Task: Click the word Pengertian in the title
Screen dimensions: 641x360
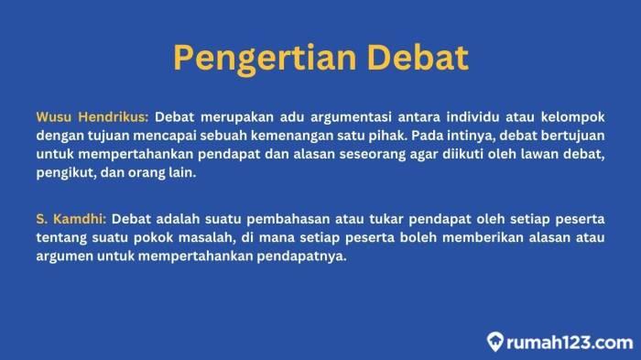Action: click(265, 59)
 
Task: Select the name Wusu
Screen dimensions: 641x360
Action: click(53, 117)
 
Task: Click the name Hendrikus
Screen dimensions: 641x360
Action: click(114, 117)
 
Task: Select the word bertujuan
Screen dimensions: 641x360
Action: click(573, 136)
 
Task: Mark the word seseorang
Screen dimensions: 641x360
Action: click(373, 154)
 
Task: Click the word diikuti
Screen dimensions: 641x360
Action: click(462, 154)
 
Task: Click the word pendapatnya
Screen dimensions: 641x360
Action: click(301, 256)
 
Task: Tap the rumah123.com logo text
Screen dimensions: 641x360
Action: click(570, 343)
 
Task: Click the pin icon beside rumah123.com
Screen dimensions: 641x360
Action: click(494, 342)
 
